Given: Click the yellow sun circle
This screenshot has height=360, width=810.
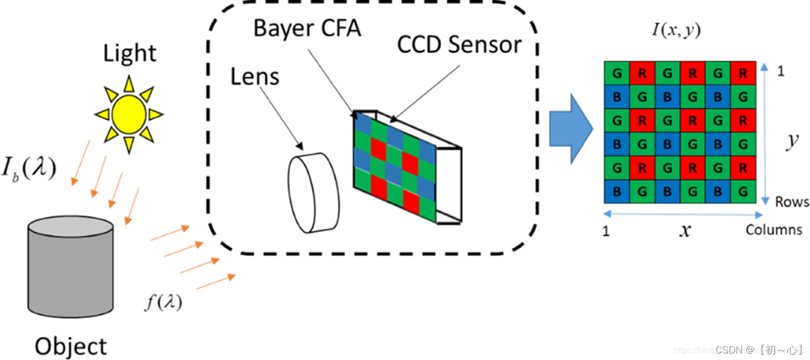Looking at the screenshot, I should (129, 114).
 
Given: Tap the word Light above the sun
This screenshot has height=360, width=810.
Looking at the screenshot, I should (130, 55).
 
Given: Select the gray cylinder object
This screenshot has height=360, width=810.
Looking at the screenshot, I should (71, 267).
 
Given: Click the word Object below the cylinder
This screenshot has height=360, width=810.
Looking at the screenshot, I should (71, 346).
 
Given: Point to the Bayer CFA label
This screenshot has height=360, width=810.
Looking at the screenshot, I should (307, 29).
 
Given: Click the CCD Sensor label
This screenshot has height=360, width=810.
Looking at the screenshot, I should (460, 45).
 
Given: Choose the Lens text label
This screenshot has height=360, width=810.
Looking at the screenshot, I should (255, 77).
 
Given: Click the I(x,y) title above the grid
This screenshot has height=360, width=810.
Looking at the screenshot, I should (676, 31).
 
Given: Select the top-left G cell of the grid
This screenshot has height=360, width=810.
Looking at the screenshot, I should (616, 73).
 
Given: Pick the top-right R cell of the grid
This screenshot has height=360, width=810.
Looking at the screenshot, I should (743, 73).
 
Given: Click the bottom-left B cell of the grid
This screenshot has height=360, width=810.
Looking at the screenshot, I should (616, 191).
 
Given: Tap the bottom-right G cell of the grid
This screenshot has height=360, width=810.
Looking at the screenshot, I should (743, 191).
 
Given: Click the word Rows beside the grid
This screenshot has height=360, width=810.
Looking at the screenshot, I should (792, 202).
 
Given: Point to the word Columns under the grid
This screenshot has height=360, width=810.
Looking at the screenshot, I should (774, 230).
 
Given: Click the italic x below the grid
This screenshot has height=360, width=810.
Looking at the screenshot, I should (685, 231).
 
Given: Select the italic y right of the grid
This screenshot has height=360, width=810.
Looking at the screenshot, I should (792, 141).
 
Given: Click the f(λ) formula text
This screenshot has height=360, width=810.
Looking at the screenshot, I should (163, 303).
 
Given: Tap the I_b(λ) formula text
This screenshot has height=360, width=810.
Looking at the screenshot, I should (31, 169).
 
